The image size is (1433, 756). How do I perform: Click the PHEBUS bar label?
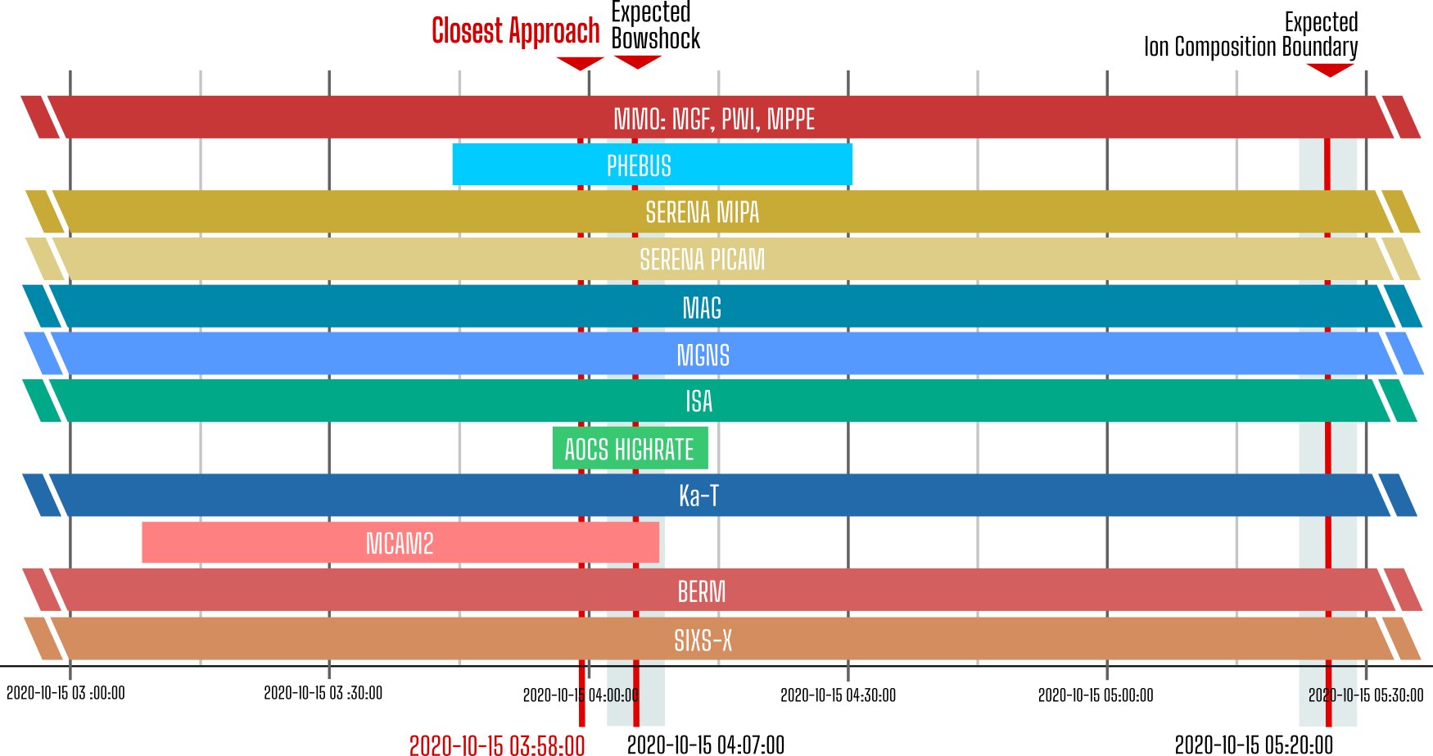click(x=639, y=166)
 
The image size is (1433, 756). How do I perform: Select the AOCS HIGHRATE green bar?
click(x=631, y=448)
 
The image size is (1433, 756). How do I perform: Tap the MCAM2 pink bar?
click(x=400, y=542)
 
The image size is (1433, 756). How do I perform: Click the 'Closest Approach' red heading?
click(x=516, y=31)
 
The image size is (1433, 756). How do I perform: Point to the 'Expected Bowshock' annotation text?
click(x=655, y=25)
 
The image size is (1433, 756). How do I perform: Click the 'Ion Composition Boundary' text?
click(x=1251, y=47)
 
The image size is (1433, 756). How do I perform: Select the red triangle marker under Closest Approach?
click(x=580, y=63)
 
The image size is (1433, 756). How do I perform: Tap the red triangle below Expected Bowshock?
click(x=637, y=62)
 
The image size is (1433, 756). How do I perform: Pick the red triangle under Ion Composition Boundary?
click(x=1330, y=70)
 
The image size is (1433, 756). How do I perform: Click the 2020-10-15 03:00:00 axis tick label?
click(x=66, y=694)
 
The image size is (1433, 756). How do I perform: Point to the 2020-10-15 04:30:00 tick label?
click(x=838, y=695)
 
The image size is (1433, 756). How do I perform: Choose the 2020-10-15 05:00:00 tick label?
click(x=1096, y=695)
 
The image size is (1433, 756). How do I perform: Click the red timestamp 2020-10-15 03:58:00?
click(x=497, y=745)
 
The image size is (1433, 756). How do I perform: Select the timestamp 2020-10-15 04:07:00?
click(x=706, y=745)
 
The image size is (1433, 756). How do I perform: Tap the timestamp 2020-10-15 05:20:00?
click(x=1254, y=745)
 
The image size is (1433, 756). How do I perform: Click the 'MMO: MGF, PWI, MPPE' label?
click(x=714, y=120)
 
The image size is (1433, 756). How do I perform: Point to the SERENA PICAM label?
click(x=703, y=260)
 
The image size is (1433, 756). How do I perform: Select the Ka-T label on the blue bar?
click(x=698, y=496)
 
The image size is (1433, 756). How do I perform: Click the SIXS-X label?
click(x=703, y=640)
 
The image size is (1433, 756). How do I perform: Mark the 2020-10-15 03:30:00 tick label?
click(x=323, y=694)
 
